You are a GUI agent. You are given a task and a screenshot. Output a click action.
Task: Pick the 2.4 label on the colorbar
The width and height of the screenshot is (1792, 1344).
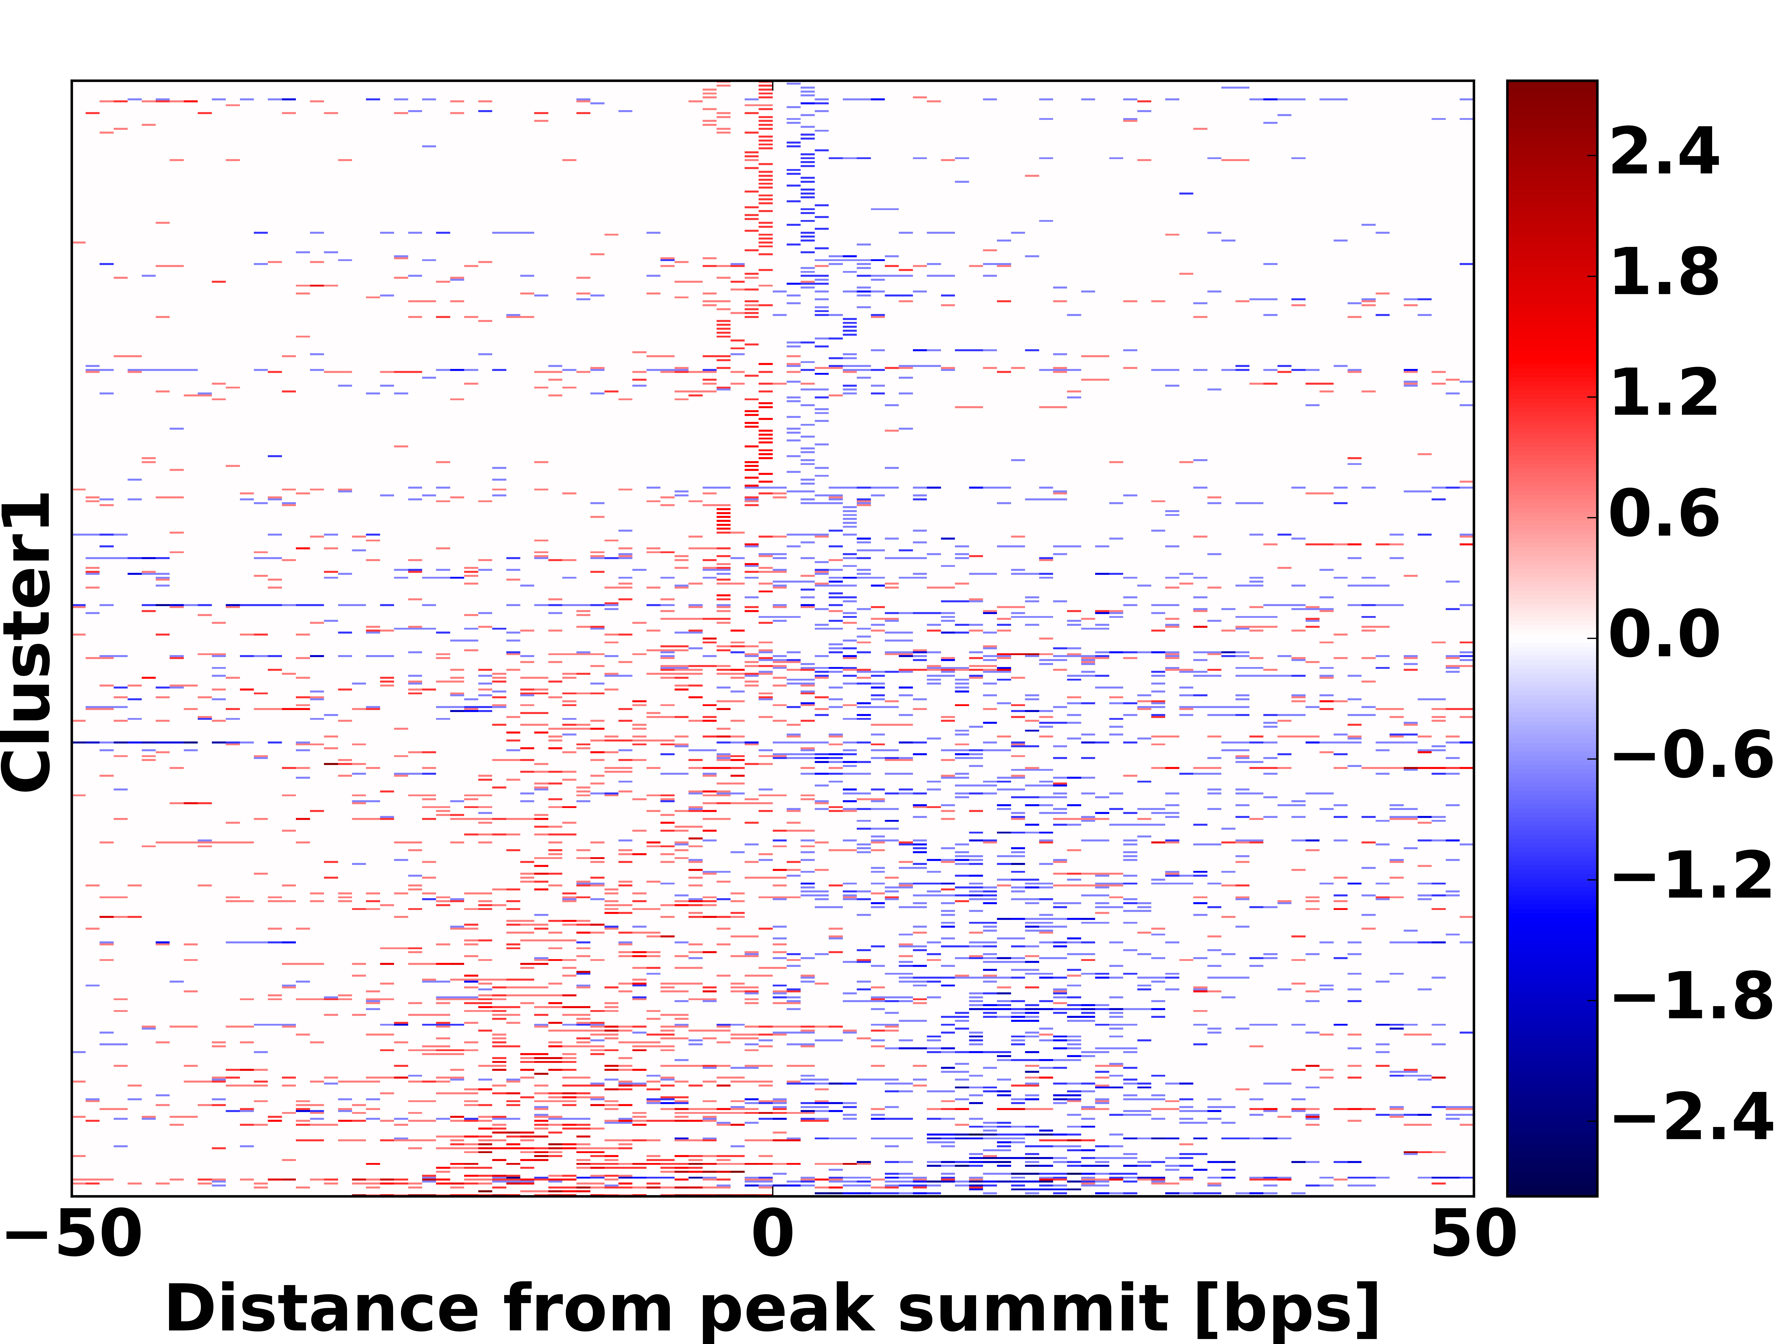coord(1665,152)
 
